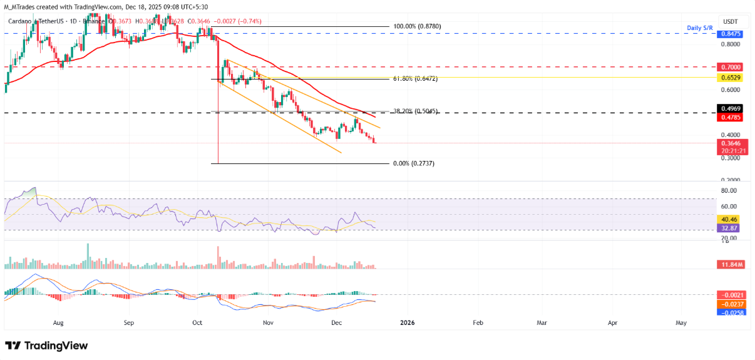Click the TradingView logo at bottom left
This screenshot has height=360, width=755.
(46, 346)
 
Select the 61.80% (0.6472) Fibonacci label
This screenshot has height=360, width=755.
(415, 80)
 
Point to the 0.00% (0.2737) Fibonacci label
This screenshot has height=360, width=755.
(413, 163)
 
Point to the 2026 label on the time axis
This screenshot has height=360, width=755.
(407, 323)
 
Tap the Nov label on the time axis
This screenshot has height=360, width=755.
(268, 323)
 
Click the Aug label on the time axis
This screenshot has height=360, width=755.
(58, 323)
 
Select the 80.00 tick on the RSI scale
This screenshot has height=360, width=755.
(727, 190)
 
